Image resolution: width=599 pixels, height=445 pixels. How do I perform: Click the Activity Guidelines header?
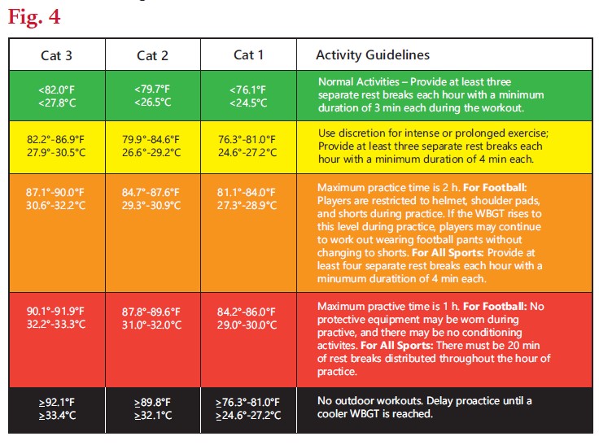373,55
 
